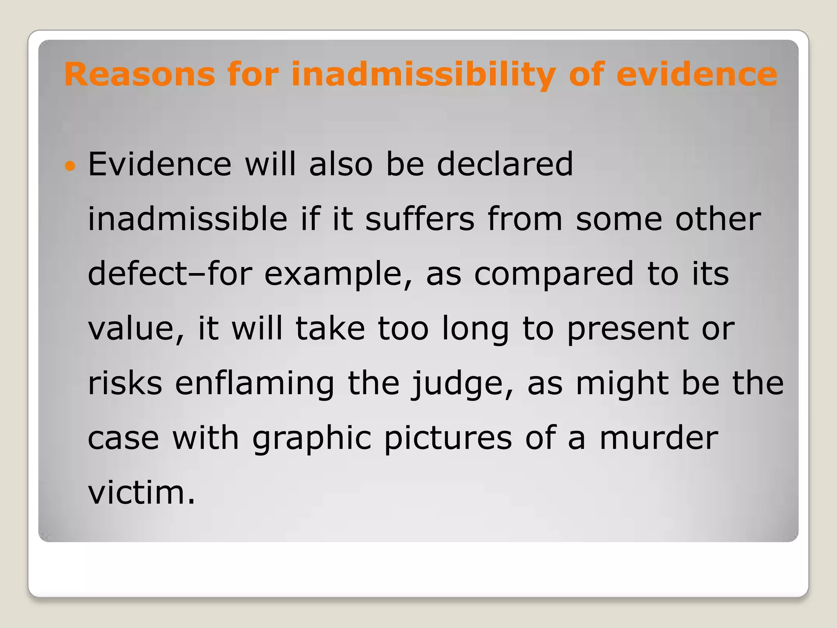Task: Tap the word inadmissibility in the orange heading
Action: pyautogui.click(x=423, y=75)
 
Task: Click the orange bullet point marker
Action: pyautogui.click(x=70, y=166)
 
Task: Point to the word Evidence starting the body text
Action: pyautogui.click(x=160, y=164)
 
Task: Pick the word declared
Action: pyautogui.click(x=505, y=164)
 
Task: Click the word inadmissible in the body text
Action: pyautogui.click(x=188, y=219)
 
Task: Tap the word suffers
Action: pyautogui.click(x=420, y=219)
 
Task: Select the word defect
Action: pyautogui.click(x=137, y=274)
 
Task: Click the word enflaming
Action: pyautogui.click(x=255, y=384)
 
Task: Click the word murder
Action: pyautogui.click(x=658, y=438)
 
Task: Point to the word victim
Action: pyautogui.click(x=141, y=493)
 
